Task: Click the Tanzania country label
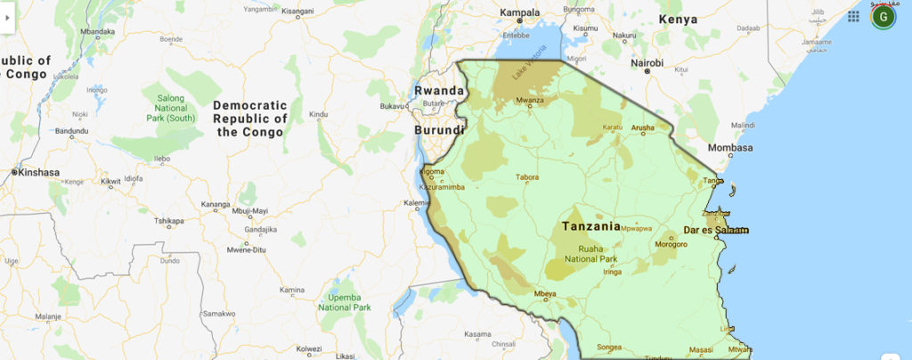(x=591, y=226)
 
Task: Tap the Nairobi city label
(x=647, y=63)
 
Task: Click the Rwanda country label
(x=438, y=91)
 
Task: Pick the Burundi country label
(x=438, y=130)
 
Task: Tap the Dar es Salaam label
(x=715, y=230)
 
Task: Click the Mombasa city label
(x=730, y=148)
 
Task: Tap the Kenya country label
(x=678, y=19)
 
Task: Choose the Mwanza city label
(x=529, y=101)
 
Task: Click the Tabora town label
(x=527, y=177)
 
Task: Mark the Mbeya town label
(x=544, y=294)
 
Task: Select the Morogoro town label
(x=671, y=244)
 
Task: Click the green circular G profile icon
(x=883, y=16)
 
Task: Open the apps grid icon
(x=853, y=16)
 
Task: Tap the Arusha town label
(x=643, y=128)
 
